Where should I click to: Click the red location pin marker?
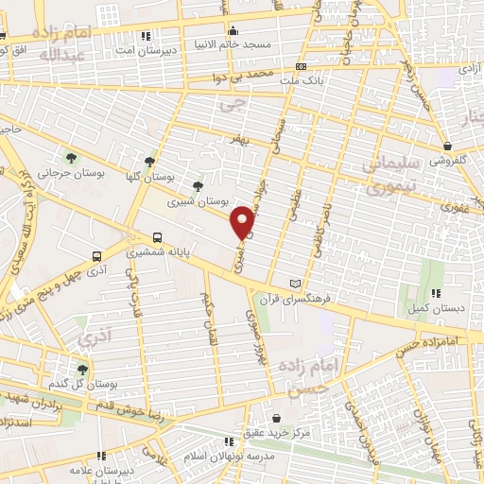[x=244, y=222]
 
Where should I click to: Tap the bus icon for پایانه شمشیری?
[x=157, y=238]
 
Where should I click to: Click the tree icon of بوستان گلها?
[x=149, y=162]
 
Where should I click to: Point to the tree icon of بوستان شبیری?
[x=197, y=186]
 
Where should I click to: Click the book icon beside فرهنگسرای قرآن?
[x=296, y=283]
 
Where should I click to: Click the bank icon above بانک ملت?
[x=301, y=66]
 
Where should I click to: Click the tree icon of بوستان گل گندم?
[x=82, y=370]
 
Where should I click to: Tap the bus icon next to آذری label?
[x=96, y=256]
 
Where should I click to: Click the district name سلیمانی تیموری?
[x=397, y=176]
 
